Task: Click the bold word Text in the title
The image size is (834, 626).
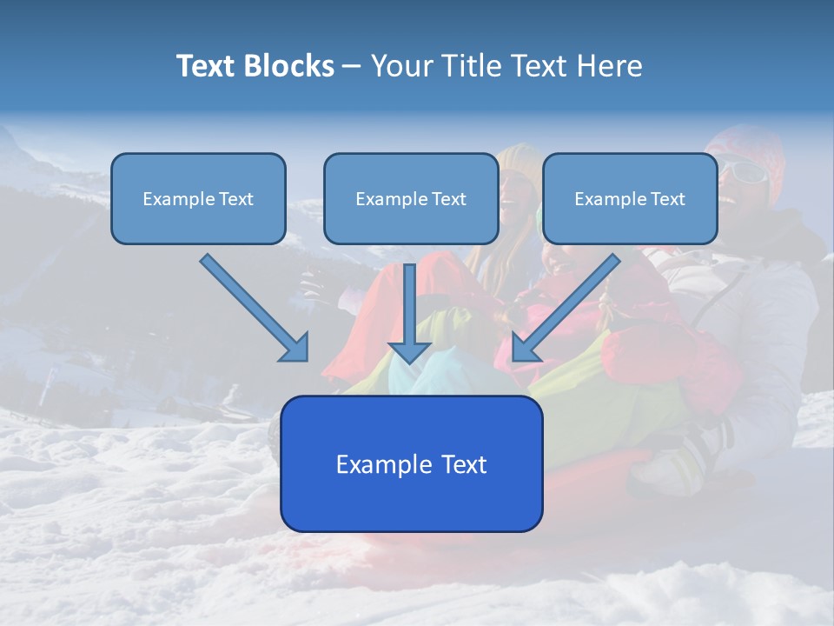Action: click(208, 66)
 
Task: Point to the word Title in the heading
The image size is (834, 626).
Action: click(473, 66)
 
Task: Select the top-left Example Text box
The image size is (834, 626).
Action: click(198, 198)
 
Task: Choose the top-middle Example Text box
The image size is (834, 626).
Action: click(411, 198)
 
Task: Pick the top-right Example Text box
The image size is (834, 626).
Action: click(630, 198)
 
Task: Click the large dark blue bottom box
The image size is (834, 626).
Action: click(411, 463)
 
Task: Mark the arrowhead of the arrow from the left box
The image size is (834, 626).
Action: click(295, 348)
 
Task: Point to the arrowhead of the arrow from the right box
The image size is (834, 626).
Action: click(525, 348)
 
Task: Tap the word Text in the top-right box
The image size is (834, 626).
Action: click(668, 199)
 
